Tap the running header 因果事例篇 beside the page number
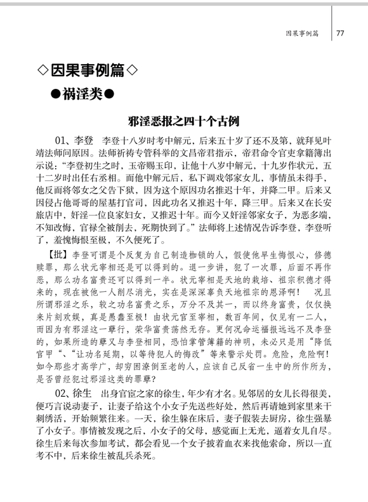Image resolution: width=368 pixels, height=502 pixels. (x=301, y=32)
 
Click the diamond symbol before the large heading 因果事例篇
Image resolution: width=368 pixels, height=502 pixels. (x=40, y=69)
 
